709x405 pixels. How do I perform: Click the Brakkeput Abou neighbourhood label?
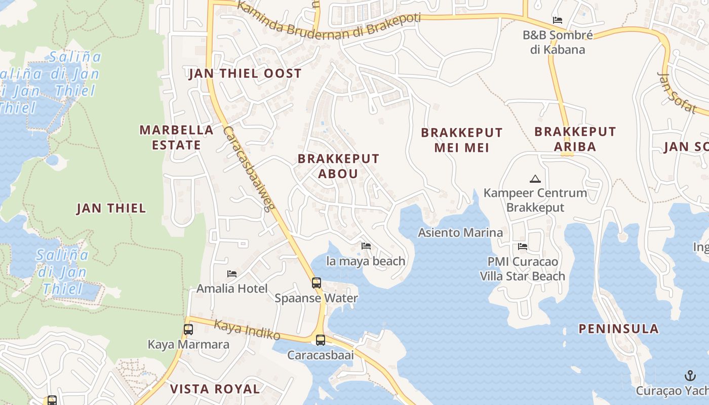(x=338, y=166)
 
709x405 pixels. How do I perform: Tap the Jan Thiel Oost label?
(x=245, y=74)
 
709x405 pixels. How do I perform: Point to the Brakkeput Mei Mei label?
(x=462, y=140)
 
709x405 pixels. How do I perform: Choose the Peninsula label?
(x=619, y=329)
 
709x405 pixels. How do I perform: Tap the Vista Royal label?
(x=215, y=389)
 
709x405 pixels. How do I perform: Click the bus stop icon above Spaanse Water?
(x=317, y=283)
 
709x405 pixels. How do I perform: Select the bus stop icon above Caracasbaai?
(x=321, y=340)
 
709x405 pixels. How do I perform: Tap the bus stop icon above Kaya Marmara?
(x=188, y=330)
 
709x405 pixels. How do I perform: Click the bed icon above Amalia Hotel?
(x=232, y=274)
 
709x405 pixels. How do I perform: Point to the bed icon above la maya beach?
(x=366, y=246)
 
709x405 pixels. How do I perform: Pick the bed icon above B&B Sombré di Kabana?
(x=558, y=20)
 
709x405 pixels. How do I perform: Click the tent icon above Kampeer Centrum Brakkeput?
(x=535, y=179)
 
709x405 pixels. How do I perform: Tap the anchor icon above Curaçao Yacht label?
(x=690, y=376)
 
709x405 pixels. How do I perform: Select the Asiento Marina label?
(x=460, y=233)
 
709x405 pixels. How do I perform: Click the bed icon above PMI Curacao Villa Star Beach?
(x=523, y=247)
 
